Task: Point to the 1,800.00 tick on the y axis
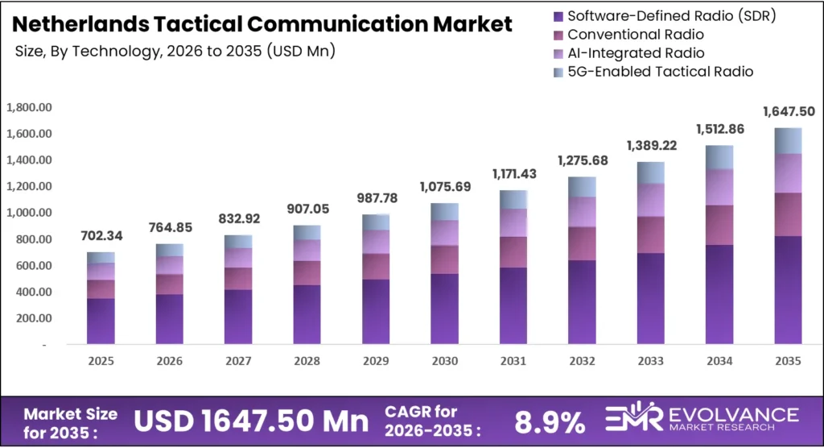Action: coord(29,107)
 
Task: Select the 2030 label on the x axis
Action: coord(445,362)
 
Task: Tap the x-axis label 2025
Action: coord(101,362)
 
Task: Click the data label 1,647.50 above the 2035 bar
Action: coord(789,111)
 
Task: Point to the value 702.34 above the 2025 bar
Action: coord(101,236)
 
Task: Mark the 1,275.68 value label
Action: coord(583,160)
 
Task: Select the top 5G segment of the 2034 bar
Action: coord(720,157)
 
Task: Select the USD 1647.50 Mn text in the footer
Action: coord(250,421)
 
